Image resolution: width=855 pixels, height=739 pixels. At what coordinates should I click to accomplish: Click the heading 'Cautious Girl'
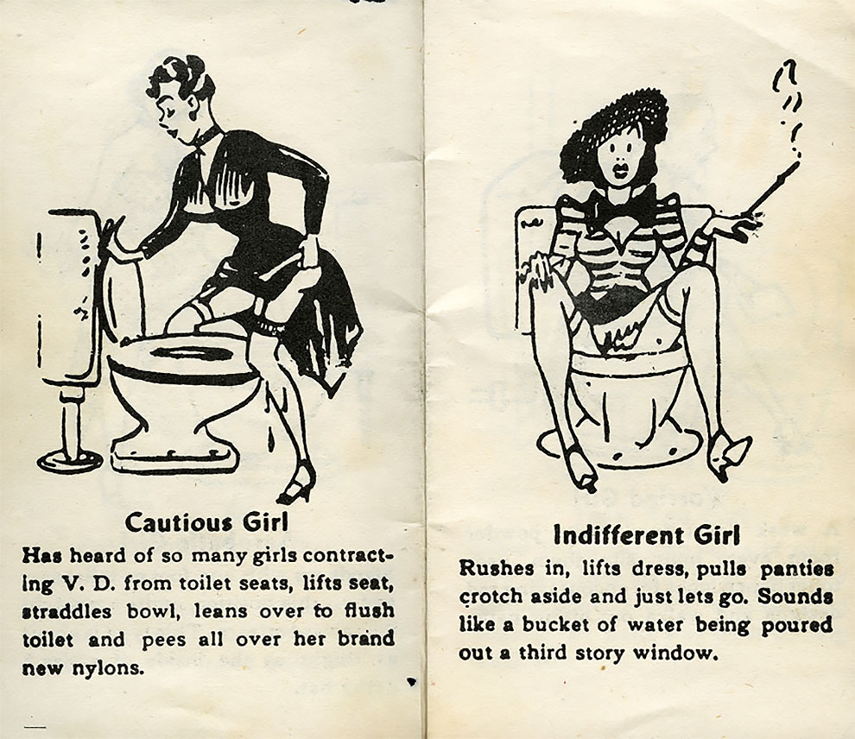[206, 522]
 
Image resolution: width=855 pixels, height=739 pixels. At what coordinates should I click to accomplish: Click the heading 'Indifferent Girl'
[647, 534]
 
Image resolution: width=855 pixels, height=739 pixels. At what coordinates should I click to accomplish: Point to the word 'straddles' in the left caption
[66, 611]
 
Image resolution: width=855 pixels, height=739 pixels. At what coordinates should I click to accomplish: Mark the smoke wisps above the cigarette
[788, 109]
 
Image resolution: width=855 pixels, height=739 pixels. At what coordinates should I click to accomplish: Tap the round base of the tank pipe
[70, 461]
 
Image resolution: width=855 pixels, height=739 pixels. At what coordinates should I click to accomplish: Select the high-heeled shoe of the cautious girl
[296, 489]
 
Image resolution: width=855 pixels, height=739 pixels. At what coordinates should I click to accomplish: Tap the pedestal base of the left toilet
[175, 457]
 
